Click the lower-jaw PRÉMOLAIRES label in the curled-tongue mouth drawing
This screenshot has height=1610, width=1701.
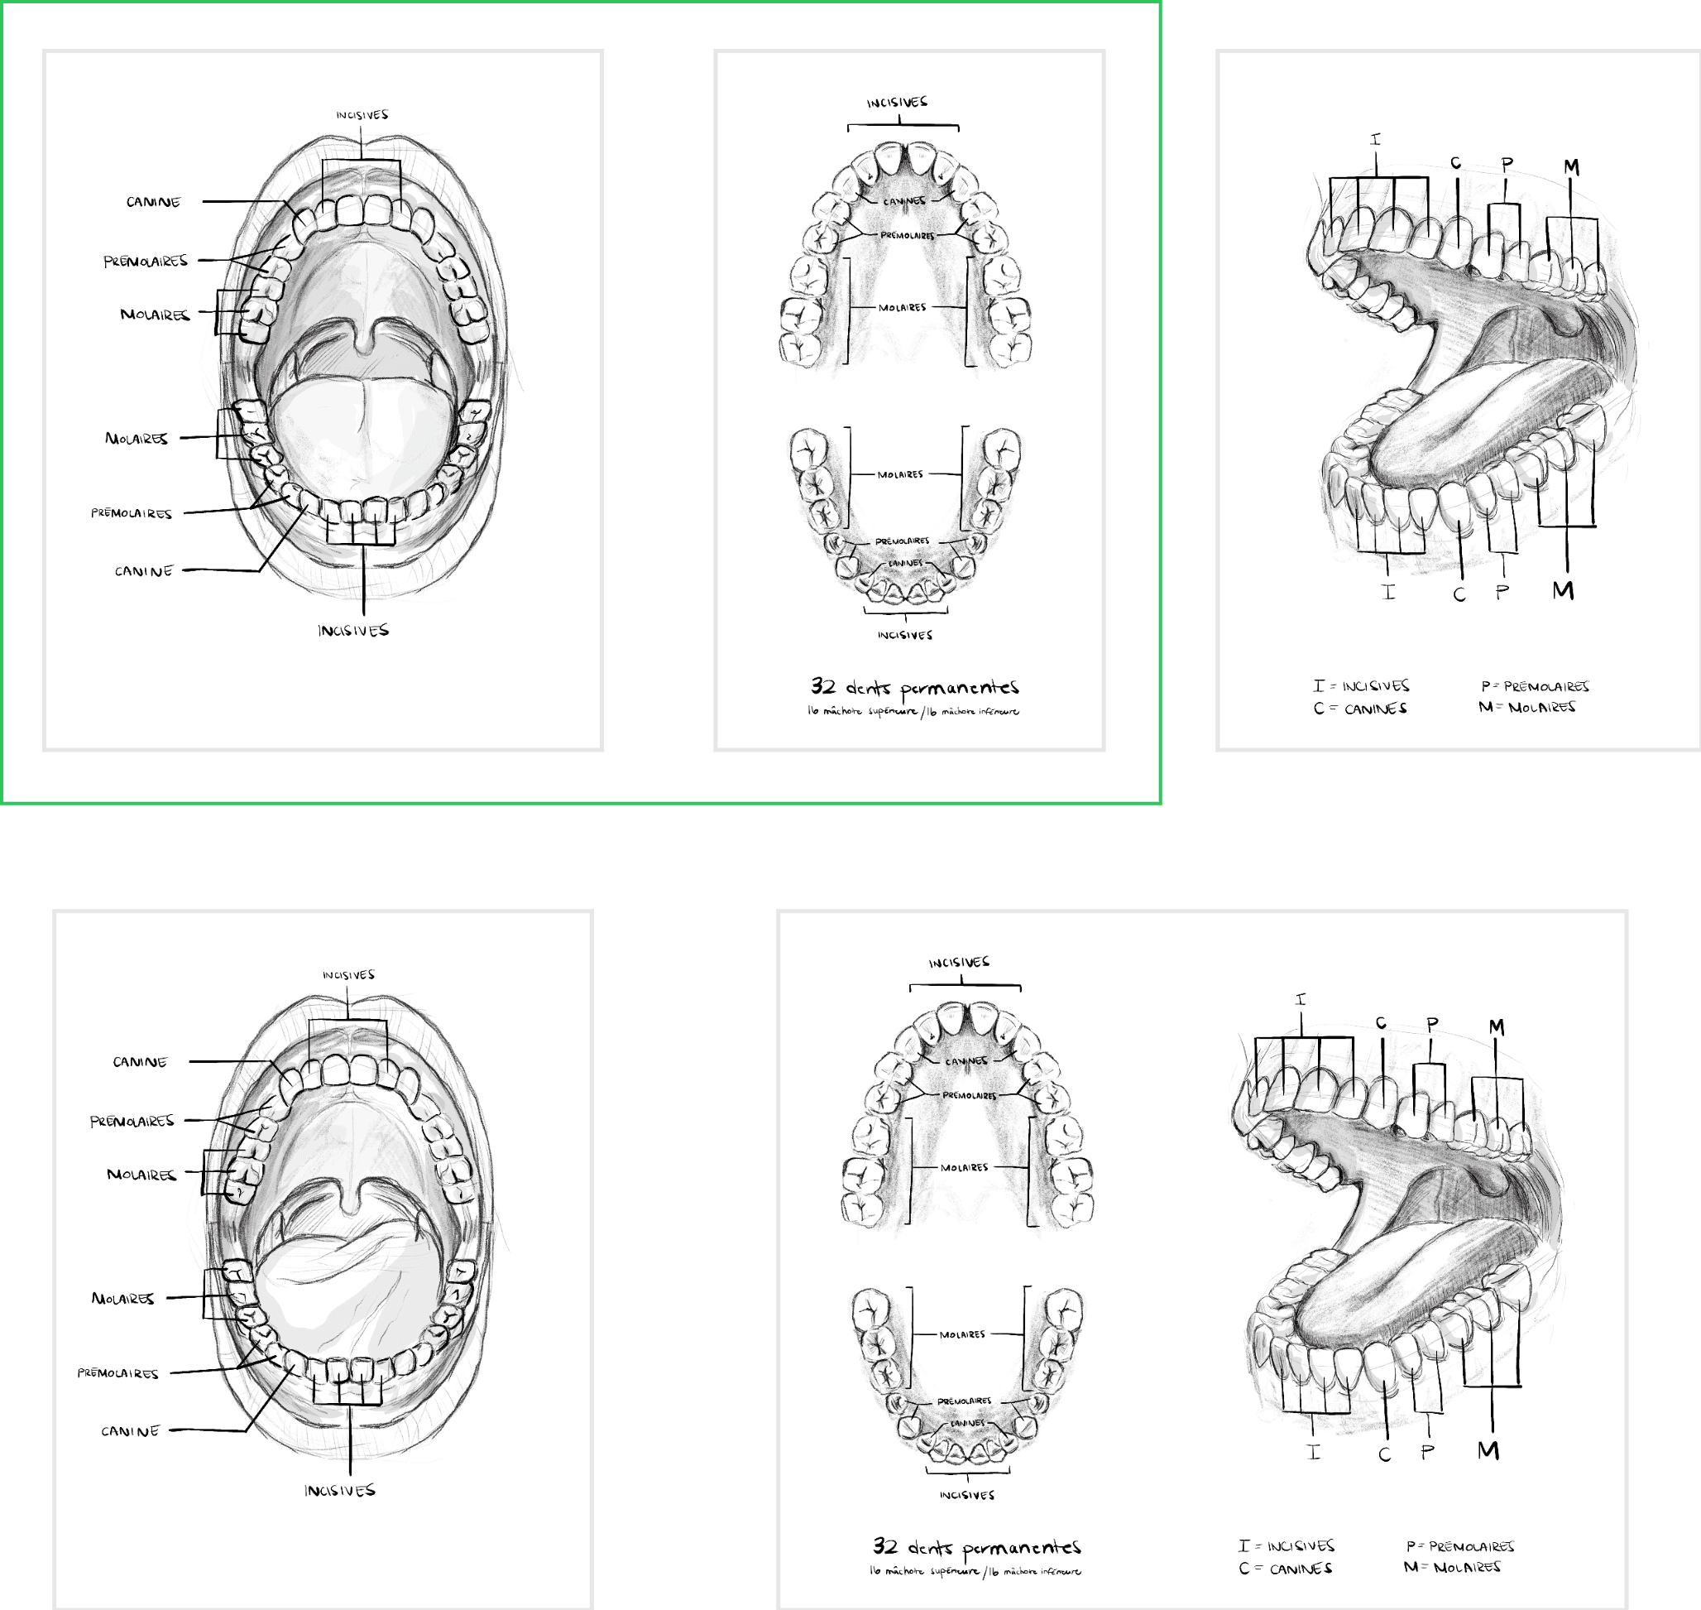tap(117, 1373)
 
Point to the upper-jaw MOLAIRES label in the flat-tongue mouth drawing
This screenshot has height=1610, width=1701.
tap(155, 315)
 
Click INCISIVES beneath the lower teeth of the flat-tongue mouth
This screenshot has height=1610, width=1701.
tap(353, 631)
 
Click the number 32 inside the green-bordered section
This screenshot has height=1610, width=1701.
tap(822, 686)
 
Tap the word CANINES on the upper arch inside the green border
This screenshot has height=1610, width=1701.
tap(904, 201)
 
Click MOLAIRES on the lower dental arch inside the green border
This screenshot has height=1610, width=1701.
tap(900, 474)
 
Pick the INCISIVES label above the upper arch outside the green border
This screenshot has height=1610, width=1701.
tap(959, 963)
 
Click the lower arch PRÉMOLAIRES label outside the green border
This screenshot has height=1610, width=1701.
tap(964, 1401)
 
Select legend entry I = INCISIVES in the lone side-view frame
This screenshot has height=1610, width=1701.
tap(1360, 685)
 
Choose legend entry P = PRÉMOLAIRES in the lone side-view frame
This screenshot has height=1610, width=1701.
tap(1535, 686)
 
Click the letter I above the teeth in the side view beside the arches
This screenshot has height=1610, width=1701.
tap(1301, 1000)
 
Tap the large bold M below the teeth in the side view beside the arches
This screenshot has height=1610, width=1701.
tap(1488, 1451)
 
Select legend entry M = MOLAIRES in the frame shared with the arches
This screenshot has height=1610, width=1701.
tap(1452, 1567)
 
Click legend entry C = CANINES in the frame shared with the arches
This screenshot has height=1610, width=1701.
tap(1285, 1569)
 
